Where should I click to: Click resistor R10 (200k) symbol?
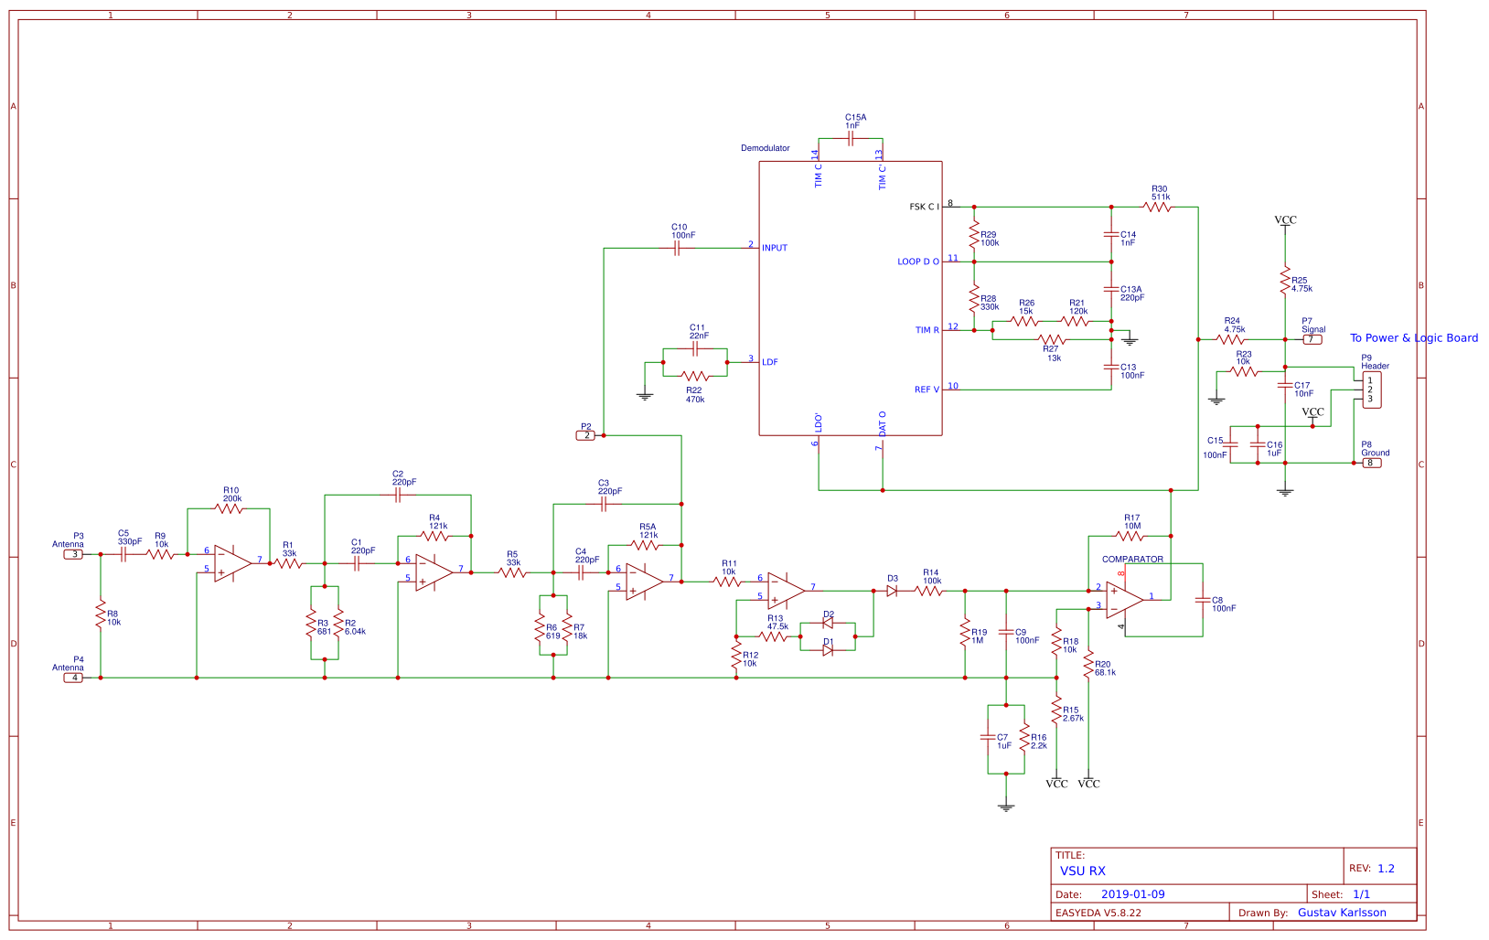pos(229,508)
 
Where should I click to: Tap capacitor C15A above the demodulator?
pos(851,138)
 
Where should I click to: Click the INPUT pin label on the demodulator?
pos(775,248)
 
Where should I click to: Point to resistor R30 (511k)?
pos(1157,207)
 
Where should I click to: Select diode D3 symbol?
pos(892,591)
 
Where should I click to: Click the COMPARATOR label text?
pos(1132,559)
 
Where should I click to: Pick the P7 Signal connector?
pos(1312,339)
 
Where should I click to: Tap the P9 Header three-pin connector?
pos(1371,390)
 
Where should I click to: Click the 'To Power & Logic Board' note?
pos(1413,338)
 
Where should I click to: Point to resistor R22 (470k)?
pos(695,376)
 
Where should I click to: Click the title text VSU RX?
pos(1082,871)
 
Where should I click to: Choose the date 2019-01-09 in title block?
pos(1132,894)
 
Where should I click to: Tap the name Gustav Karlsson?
pos(1342,913)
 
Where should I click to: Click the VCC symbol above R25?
pos(1285,220)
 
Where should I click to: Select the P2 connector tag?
pos(586,435)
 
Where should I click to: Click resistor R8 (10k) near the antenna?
pos(101,615)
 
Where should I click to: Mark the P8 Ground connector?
pos(1370,463)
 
